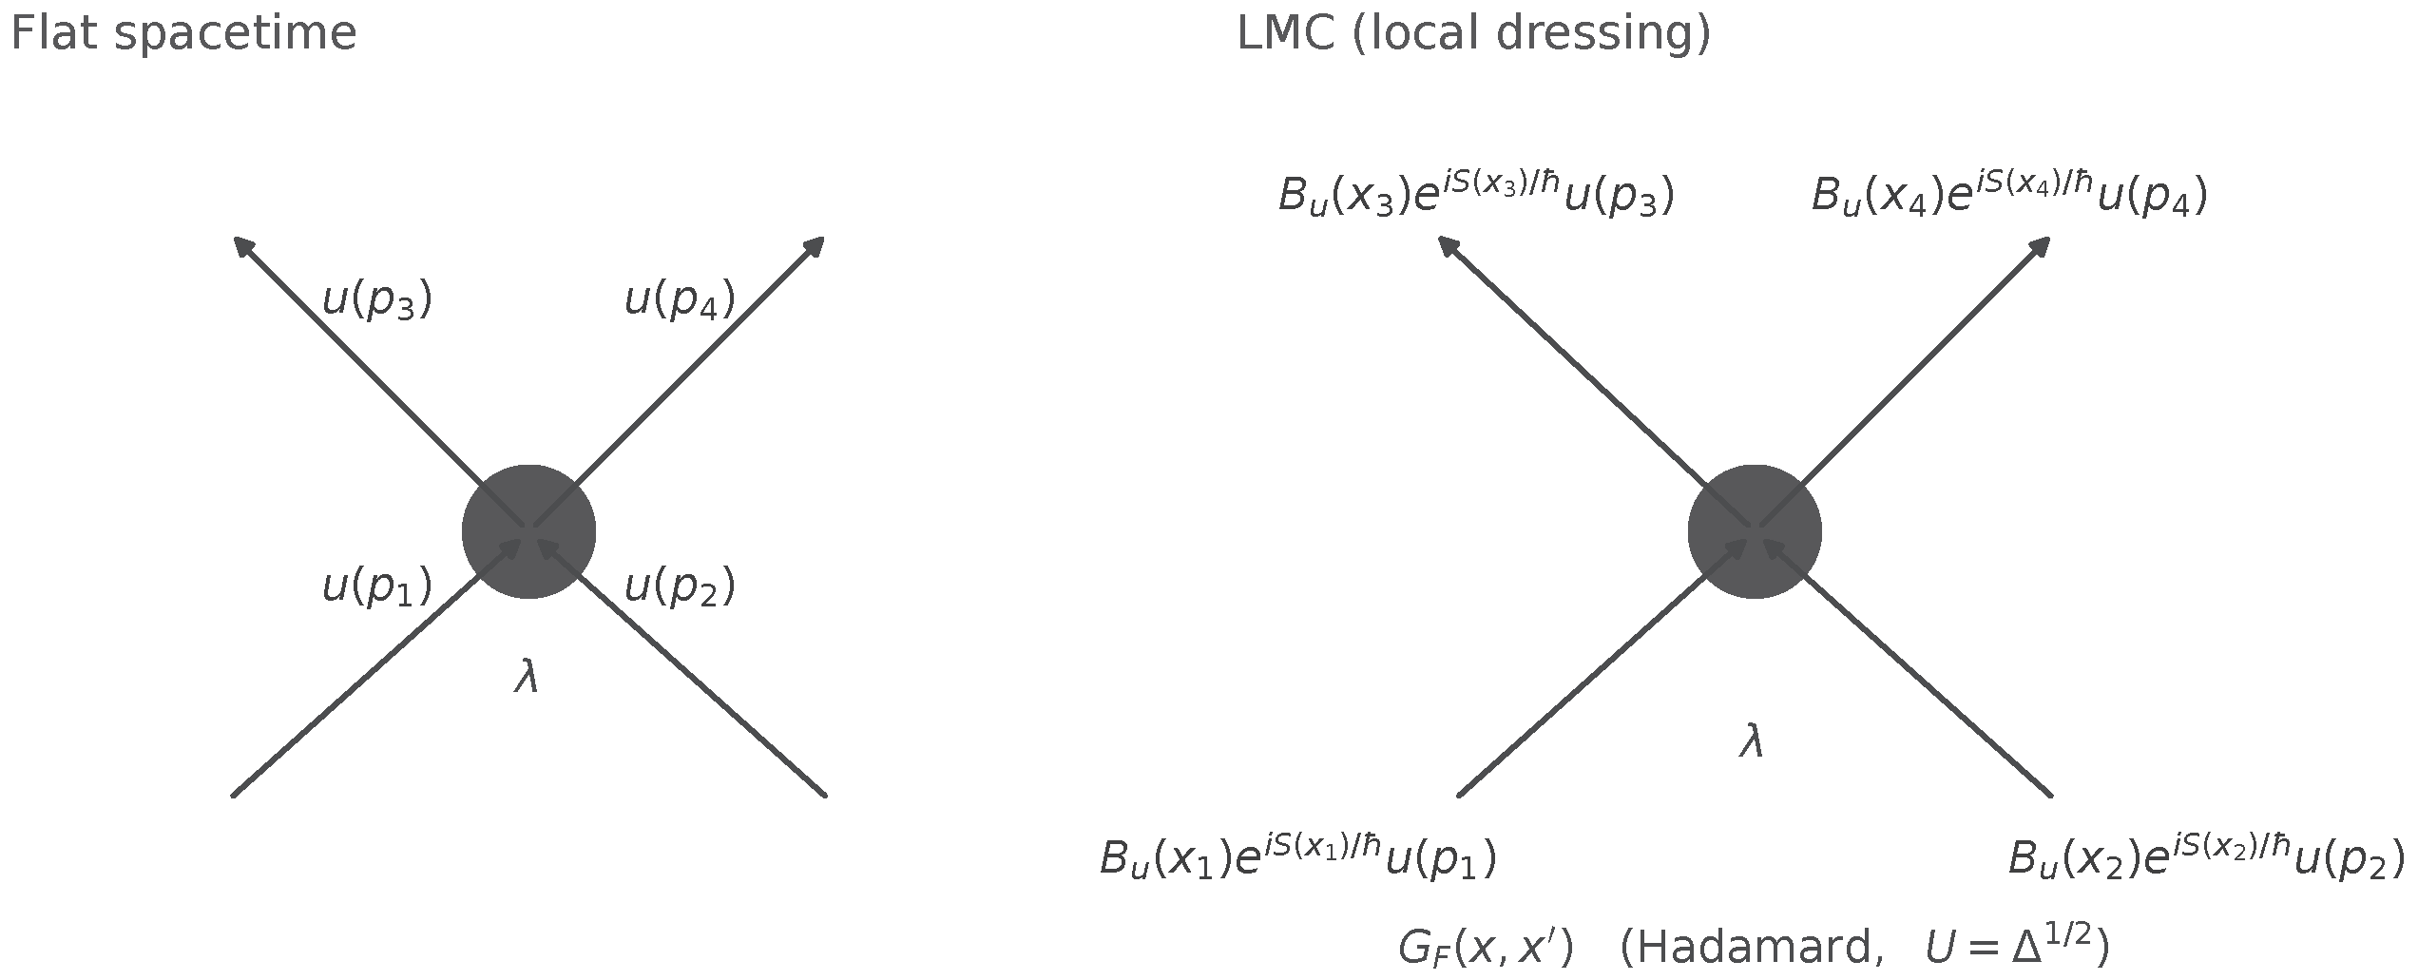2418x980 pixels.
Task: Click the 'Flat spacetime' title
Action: click(183, 35)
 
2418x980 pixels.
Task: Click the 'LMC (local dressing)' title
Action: click(1474, 35)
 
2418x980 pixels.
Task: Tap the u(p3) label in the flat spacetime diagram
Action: click(377, 301)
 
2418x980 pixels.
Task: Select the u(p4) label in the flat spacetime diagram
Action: click(680, 301)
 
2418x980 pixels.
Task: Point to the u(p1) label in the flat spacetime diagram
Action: click(377, 586)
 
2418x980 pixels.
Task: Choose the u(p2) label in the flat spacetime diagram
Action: click(680, 586)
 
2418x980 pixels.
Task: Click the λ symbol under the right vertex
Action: click(1752, 741)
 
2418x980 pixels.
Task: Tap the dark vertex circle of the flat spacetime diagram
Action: click(529, 532)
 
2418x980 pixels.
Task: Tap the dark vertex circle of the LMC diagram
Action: click(1755, 532)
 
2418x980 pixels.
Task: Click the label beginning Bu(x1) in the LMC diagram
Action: click(1298, 857)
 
